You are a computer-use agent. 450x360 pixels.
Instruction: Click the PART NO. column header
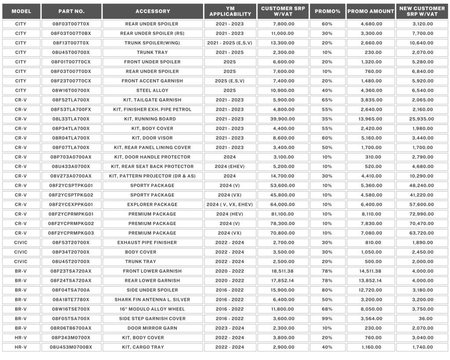pos(71,11)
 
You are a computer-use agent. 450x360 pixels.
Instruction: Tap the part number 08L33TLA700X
pos(71,119)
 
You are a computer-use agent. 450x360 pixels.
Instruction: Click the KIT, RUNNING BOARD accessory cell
pos(152,119)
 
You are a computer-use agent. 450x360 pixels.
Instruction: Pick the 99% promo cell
pos(327,319)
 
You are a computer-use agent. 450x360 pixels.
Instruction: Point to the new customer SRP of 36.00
pos(422,319)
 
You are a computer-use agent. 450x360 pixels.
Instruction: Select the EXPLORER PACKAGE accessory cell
pos(152,204)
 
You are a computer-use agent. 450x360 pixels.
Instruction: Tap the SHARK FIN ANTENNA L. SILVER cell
pos(152,300)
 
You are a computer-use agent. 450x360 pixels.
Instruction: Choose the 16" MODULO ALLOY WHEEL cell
pos(152,309)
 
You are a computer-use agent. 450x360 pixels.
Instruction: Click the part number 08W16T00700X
pos(71,91)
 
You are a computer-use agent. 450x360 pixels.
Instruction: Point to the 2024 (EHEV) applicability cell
pos(229,167)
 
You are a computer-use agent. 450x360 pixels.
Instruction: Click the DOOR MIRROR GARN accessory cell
pos(152,328)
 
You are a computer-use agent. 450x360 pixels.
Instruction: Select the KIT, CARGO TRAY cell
pos(152,347)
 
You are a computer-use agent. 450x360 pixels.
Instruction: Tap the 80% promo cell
pos(327,290)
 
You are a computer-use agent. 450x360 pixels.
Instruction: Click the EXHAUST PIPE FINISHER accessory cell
pos(152,243)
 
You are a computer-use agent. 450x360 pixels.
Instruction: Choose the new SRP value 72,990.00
pos(422,214)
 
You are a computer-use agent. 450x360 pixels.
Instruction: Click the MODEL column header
pos(21,11)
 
